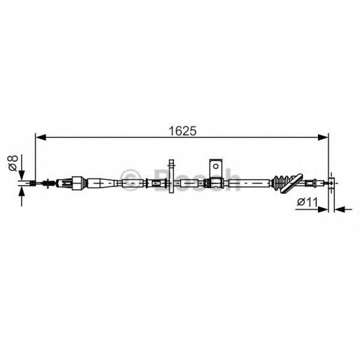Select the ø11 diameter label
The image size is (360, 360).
click(307, 202)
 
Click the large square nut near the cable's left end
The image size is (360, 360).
click(77, 182)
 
